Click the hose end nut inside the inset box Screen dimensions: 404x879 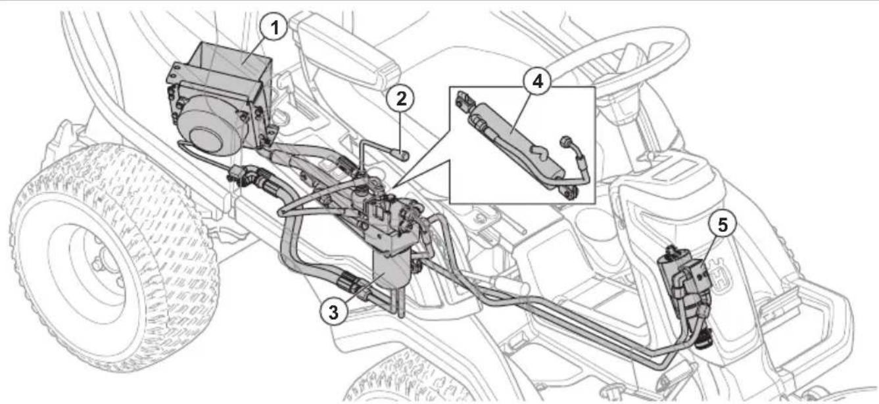[x=563, y=140]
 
